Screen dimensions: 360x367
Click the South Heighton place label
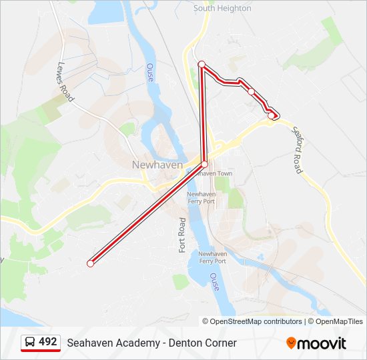[222, 8]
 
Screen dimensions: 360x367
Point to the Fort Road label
[181, 235]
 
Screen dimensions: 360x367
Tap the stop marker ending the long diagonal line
[90, 263]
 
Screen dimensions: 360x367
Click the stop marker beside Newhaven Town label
[205, 164]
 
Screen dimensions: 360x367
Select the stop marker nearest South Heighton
[202, 64]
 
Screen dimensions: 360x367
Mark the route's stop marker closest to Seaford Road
[271, 115]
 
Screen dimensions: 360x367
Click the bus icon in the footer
[30, 342]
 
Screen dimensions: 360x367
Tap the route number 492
[47, 342]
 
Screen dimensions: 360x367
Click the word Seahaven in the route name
[89, 343]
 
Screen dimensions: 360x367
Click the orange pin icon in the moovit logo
[291, 343]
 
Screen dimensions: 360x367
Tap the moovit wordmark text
[322, 343]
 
